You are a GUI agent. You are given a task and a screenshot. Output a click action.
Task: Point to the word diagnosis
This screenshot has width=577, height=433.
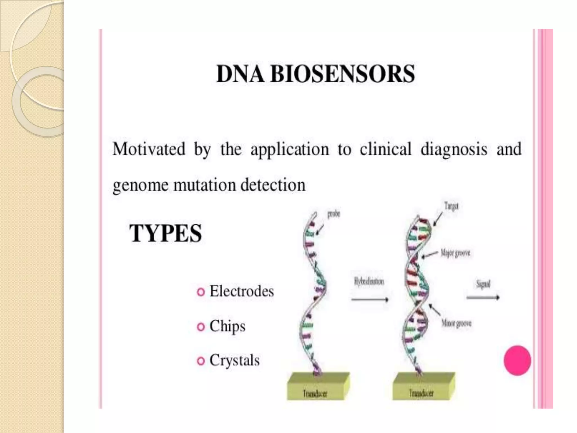pyautogui.click(x=454, y=149)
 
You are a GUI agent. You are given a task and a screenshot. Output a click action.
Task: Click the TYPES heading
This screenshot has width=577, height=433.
pyautogui.click(x=166, y=233)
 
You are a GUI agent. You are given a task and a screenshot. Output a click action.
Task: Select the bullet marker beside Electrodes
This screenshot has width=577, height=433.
pyautogui.click(x=201, y=292)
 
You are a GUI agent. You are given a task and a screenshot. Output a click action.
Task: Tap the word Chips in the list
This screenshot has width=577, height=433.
pyautogui.click(x=227, y=326)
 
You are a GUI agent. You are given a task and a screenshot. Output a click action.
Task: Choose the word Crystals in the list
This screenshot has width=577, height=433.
pyautogui.click(x=234, y=360)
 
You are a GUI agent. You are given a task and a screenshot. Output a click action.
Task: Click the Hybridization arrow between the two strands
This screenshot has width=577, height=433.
pyautogui.click(x=369, y=300)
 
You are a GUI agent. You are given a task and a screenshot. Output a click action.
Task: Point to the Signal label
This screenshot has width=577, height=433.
pyautogui.click(x=483, y=284)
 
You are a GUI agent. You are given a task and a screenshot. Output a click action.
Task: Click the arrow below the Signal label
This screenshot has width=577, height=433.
pyautogui.click(x=483, y=297)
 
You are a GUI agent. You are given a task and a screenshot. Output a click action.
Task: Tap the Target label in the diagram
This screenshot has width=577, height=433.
pyautogui.click(x=451, y=206)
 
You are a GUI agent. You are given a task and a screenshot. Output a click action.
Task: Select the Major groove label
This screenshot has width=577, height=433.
pyautogui.click(x=455, y=253)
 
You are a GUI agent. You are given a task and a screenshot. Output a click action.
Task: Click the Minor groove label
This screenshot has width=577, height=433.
pyautogui.click(x=456, y=323)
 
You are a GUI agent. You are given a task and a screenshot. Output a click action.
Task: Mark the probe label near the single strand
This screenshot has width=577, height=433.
pyautogui.click(x=334, y=214)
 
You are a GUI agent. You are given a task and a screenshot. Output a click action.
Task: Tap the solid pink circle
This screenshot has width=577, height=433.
pyautogui.click(x=517, y=361)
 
